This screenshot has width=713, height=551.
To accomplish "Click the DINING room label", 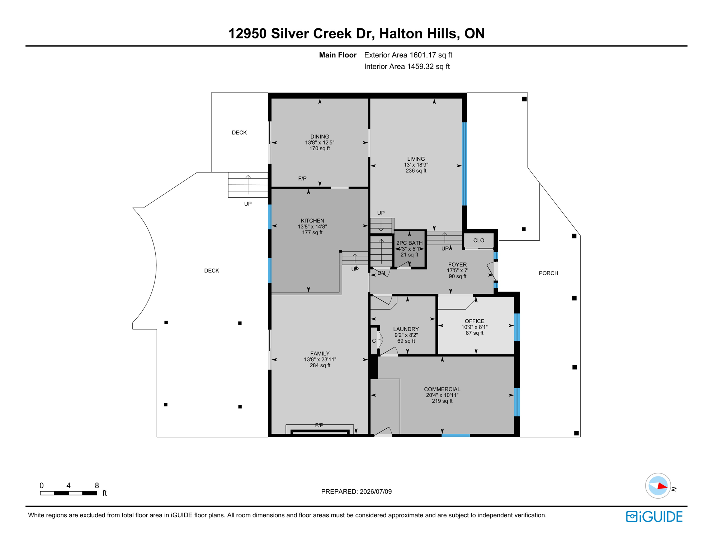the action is tap(320, 137).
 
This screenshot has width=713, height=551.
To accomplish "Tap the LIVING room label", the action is tap(416, 159).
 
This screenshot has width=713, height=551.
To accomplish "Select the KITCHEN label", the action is tap(312, 221).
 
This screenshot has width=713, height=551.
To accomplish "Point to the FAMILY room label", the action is tap(320, 353).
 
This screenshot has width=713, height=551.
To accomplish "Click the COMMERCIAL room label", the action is tap(442, 389).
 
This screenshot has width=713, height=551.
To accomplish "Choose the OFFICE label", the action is tap(474, 321).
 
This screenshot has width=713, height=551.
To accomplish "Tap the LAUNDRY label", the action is tap(406, 329).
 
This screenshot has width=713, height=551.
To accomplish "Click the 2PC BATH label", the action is tap(409, 243).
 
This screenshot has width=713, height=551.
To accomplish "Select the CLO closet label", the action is tap(478, 240).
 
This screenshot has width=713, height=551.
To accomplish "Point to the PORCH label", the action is tap(548, 273).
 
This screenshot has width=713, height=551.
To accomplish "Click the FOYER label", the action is tap(457, 264).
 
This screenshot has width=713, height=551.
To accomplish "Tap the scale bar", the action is tap(69, 493).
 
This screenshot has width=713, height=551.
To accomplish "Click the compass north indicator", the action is tap(658, 486).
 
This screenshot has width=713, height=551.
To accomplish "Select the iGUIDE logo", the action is tap(654, 517).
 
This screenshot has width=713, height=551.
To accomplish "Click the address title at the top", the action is tap(356, 33).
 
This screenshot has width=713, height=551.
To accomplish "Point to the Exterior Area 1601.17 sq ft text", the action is tap(408, 55).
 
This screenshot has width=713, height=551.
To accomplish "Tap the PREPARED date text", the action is tap(356, 491).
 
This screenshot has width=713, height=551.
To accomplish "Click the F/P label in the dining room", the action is tap(302, 178).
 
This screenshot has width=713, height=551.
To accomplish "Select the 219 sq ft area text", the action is tap(442, 401).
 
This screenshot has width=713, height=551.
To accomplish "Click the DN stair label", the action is tap(381, 273).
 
